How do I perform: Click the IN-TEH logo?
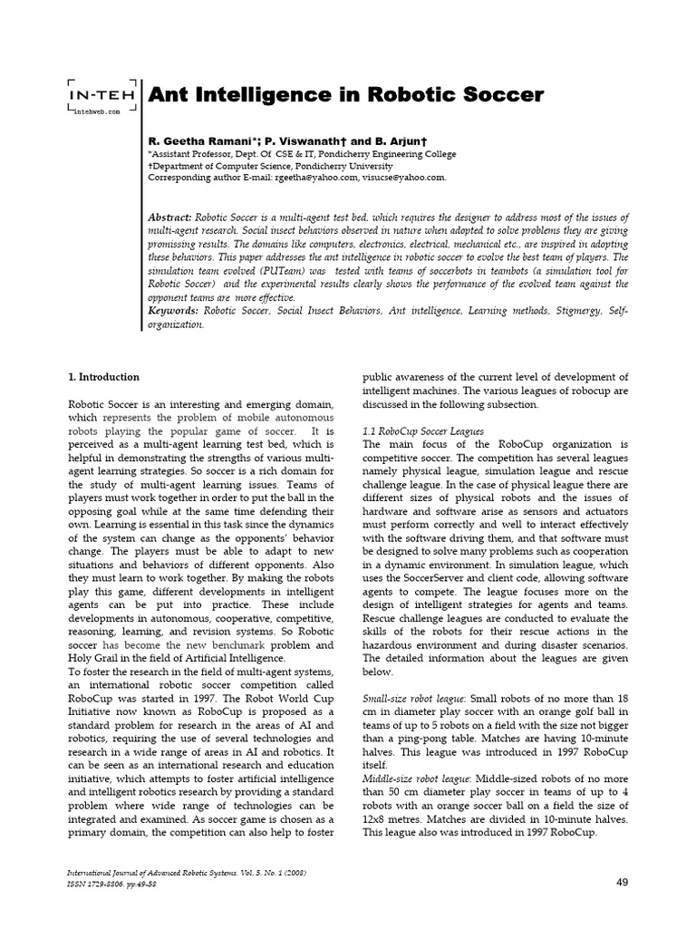(x=101, y=93)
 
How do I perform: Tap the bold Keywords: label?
(x=173, y=311)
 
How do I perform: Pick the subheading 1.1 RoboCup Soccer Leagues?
(x=423, y=430)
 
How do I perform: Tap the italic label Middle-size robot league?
(x=418, y=778)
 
